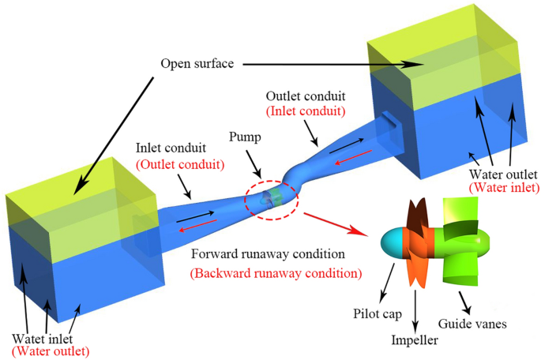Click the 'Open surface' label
(x=196, y=63)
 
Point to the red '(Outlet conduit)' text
(x=172, y=165)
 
